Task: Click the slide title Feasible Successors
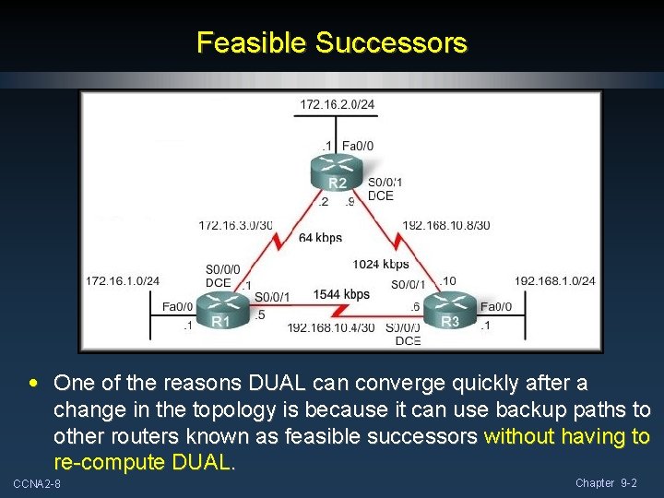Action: coord(332,42)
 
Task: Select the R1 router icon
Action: coord(219,309)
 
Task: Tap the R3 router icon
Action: coord(449,309)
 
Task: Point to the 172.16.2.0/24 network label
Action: coord(337,104)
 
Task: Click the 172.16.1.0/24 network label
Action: coord(123,280)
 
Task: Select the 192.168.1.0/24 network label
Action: coord(554,280)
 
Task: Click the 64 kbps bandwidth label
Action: coord(320,238)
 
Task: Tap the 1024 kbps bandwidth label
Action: coord(381,265)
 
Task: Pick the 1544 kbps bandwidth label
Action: coord(341,294)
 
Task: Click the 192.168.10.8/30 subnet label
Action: coord(446,225)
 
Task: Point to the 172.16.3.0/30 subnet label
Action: coord(235,225)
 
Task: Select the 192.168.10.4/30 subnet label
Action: coord(330,327)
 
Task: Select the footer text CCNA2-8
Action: coord(37,484)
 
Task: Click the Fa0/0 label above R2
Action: coord(358,146)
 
